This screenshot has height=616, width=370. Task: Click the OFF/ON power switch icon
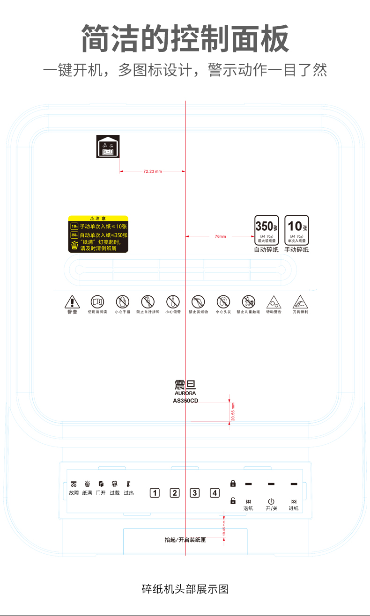(x=108, y=147)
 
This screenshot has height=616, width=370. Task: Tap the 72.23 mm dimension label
(x=152, y=171)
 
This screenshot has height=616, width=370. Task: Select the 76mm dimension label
(x=220, y=236)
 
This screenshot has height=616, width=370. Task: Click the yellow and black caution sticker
(x=98, y=234)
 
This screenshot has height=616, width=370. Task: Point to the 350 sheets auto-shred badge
(x=266, y=230)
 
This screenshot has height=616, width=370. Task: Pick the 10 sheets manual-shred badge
(x=296, y=230)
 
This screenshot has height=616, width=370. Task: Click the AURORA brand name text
(x=185, y=394)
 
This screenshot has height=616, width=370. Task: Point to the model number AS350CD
(x=185, y=401)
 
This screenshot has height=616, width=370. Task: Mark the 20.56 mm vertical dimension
(x=233, y=411)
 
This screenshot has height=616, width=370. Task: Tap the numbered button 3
(x=195, y=492)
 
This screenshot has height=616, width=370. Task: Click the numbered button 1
(x=155, y=492)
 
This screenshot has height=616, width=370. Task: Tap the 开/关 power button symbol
(x=271, y=501)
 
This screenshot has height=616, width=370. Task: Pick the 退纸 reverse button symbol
(x=248, y=501)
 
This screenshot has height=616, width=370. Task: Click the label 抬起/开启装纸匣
(x=185, y=540)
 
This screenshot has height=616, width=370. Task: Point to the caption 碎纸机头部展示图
(x=185, y=589)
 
